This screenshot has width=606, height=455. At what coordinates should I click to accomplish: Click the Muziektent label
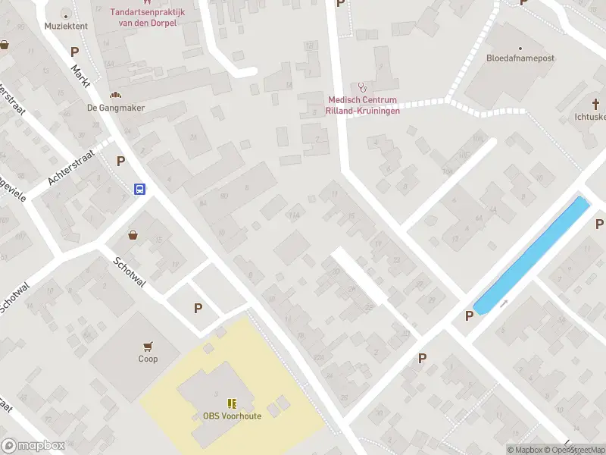[66, 26]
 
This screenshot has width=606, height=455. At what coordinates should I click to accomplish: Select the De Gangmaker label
[115, 108]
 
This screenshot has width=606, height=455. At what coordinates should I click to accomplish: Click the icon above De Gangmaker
[115, 95]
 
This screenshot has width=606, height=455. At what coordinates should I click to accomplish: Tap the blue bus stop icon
[140, 190]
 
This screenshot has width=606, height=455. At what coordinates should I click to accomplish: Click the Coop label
[148, 359]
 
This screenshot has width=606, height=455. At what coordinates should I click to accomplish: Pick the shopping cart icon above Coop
[148, 346]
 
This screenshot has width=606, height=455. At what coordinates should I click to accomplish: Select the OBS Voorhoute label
[232, 416]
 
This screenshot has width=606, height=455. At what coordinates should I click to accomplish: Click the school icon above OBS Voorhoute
[232, 403]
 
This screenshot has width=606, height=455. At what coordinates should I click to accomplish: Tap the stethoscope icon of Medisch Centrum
[362, 87]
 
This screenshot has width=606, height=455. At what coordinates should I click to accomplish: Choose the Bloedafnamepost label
[521, 58]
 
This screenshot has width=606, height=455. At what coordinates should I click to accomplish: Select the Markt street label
[80, 77]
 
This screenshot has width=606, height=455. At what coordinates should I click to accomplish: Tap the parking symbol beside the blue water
[470, 315]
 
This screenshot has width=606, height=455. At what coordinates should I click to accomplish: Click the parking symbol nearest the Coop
[198, 308]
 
